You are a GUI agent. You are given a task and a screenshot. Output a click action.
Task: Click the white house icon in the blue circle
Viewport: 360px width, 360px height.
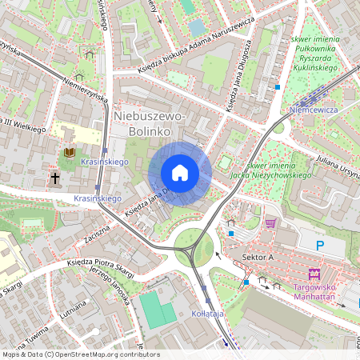180,172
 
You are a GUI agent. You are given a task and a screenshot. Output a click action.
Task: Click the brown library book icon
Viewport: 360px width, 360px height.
69,152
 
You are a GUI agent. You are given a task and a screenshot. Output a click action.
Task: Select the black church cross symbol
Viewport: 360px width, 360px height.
56,178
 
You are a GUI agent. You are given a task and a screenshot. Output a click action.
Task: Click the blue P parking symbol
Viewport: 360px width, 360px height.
321,246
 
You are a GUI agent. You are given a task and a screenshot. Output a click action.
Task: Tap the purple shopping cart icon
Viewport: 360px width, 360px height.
270,223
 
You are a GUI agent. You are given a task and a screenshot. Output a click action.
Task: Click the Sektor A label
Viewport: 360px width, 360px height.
258,257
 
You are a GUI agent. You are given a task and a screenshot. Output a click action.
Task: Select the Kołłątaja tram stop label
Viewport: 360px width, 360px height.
209,314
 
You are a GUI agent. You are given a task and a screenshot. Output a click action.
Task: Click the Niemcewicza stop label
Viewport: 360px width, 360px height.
314,109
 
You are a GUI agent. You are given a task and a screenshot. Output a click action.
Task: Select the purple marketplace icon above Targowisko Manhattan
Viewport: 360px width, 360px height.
314,273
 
